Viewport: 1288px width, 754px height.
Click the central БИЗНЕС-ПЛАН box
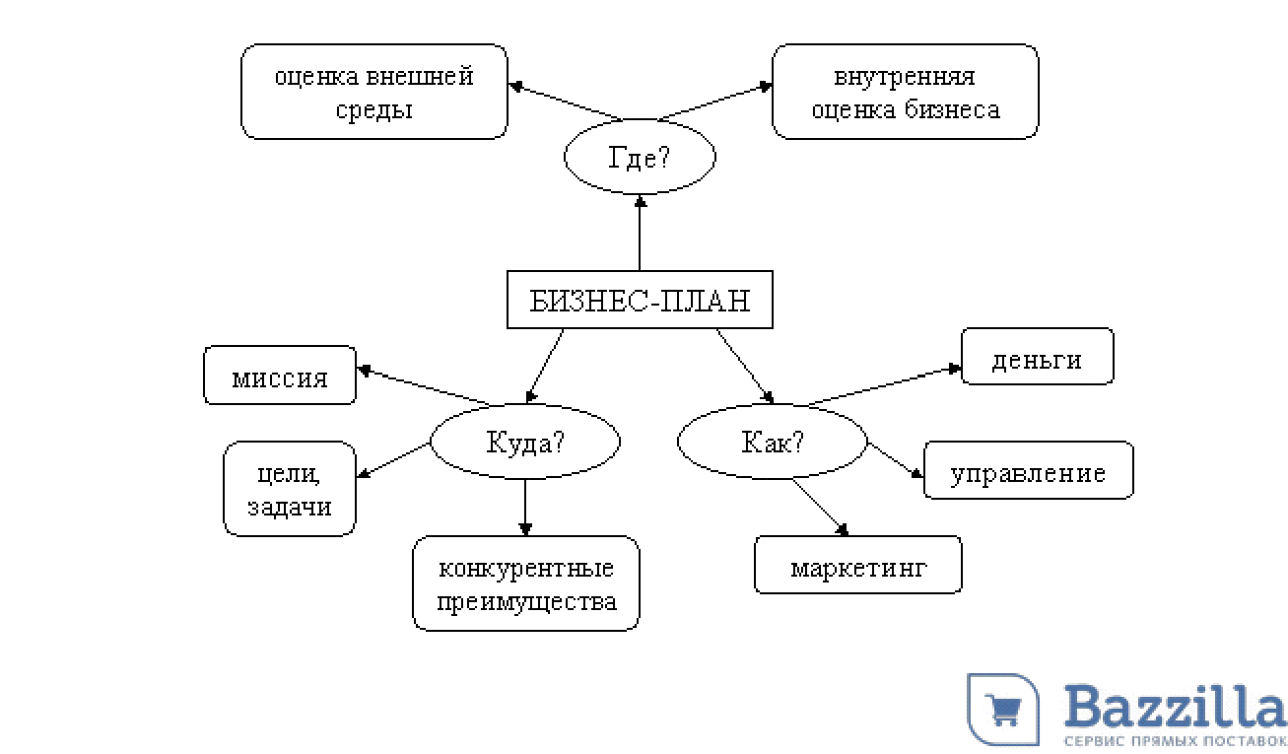point(640,300)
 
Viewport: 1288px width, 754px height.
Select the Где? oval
point(640,158)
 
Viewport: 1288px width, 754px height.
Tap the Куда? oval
point(526,442)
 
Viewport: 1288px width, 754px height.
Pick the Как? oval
point(773,442)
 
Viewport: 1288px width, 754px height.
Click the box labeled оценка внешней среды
point(374,92)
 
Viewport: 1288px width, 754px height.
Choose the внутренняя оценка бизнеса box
point(905,92)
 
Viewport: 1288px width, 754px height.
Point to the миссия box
point(280,376)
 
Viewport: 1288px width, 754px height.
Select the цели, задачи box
point(290,489)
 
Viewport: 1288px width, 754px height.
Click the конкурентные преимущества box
point(526,583)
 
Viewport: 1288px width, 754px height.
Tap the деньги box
point(1037,357)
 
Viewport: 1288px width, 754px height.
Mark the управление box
point(1028,471)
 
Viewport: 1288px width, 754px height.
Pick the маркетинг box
point(858,566)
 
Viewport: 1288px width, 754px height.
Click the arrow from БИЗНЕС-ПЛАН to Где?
point(641,233)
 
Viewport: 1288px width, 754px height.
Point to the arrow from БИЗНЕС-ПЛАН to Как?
point(744,366)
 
